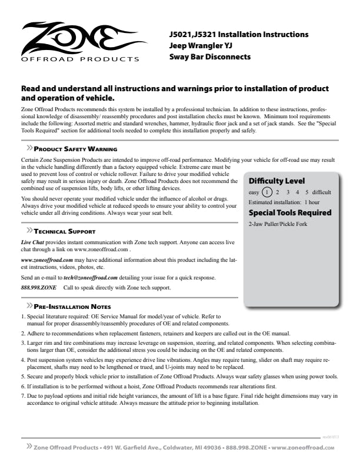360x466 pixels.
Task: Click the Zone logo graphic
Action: (79, 38)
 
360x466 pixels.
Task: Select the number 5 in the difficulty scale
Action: (306, 192)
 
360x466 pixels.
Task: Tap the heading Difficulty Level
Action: (276, 181)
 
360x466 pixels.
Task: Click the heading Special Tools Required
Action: (290, 212)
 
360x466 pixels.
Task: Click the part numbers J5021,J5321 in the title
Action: (195, 35)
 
